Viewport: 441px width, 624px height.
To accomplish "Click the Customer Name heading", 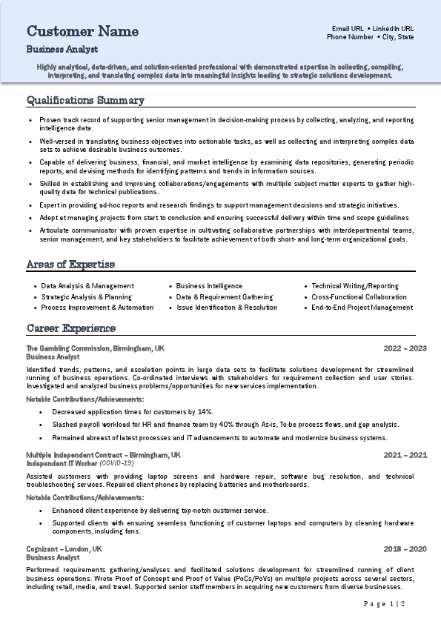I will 82,31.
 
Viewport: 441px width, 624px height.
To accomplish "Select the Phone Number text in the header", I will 350,37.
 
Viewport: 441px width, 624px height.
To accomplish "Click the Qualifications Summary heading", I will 85,100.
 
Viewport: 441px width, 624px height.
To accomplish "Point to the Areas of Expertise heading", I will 70,265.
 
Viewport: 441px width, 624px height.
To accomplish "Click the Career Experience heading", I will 71,328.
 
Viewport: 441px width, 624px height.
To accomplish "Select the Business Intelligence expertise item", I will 209,286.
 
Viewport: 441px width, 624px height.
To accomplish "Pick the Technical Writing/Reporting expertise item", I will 354,286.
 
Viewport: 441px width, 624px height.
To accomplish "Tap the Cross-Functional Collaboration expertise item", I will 359,296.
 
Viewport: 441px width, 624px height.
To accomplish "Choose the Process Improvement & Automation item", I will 97,308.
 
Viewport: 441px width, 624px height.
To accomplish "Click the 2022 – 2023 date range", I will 405,348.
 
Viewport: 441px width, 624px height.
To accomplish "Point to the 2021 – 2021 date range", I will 405,455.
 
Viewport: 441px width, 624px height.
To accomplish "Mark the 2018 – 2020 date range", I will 405,549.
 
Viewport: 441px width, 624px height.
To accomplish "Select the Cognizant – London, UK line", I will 64,549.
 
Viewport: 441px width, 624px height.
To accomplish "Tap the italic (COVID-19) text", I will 116,463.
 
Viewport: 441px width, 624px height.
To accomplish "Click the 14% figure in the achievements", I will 206,412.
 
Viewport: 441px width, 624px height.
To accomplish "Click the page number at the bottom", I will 385,604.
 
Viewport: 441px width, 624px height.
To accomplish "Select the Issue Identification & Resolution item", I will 227,308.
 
